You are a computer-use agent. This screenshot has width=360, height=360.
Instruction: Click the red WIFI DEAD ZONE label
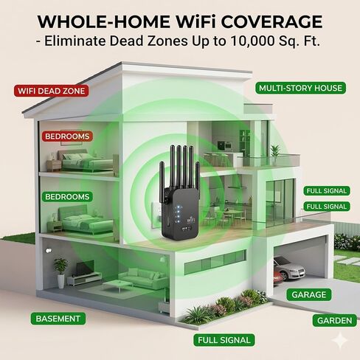point(51,91)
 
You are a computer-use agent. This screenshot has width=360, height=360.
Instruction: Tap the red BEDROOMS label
point(67,136)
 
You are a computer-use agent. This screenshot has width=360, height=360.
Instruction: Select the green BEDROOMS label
point(67,197)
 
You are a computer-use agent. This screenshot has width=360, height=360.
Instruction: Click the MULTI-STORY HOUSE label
point(300,88)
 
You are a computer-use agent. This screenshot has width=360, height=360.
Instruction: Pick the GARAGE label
point(309,294)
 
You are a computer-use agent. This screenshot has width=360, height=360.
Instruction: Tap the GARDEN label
point(334,320)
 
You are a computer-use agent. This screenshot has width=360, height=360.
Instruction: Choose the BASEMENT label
point(58,319)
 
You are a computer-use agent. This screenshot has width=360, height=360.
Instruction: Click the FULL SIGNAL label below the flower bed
point(224,340)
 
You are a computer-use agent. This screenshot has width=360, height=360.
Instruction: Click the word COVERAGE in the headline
point(272,22)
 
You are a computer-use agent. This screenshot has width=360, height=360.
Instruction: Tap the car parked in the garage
point(289,269)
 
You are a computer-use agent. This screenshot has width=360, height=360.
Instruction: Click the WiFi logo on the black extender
point(190,219)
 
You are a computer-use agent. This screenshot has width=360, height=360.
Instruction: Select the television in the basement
point(85,268)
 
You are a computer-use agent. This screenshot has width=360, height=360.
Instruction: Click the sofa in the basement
point(143,277)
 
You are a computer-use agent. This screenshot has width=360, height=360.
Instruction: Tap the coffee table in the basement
point(117,285)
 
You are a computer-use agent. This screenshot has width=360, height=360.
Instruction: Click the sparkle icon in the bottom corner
point(340,341)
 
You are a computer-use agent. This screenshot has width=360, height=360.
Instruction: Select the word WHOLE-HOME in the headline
point(103,22)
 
